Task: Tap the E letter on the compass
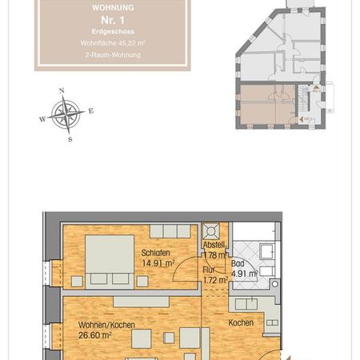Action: coord(90,111)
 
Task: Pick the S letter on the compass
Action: coord(70,139)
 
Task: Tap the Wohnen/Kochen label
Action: coord(106,325)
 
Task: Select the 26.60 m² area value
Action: coord(94,336)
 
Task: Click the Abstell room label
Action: coord(214,246)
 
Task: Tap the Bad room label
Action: coord(238,262)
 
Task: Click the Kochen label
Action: coord(241,323)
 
